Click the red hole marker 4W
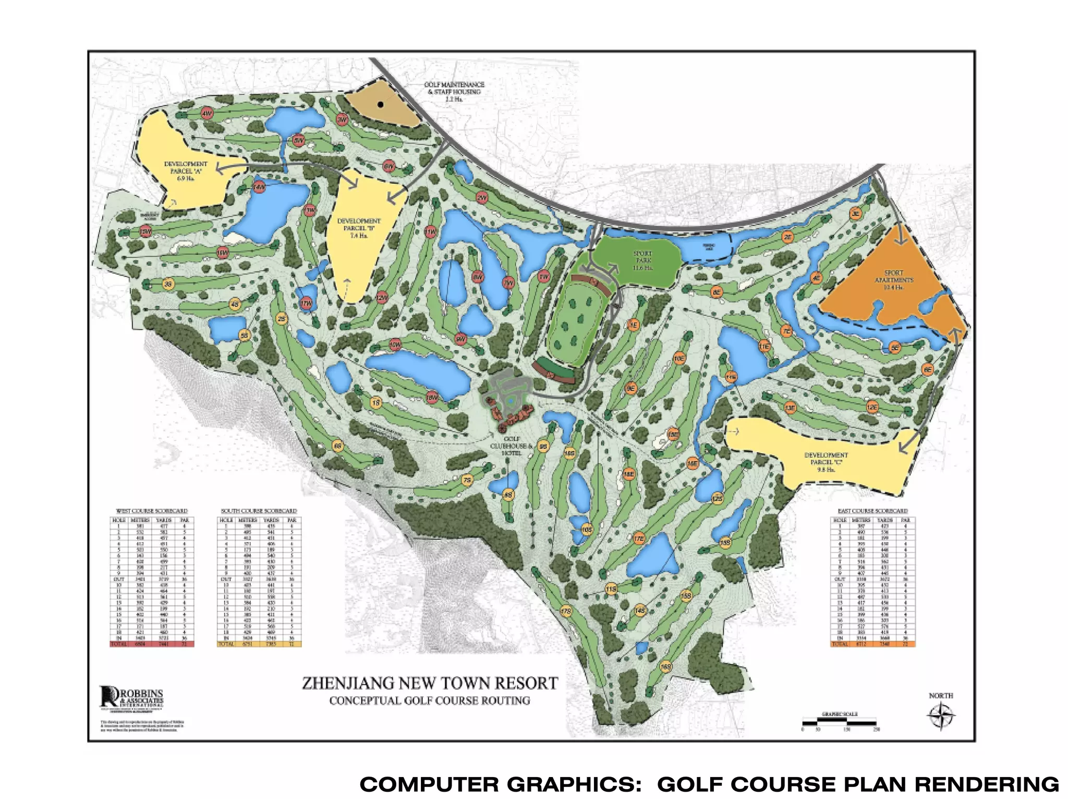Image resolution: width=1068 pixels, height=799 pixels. [x=207, y=113]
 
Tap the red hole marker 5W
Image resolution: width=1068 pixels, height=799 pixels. [x=298, y=141]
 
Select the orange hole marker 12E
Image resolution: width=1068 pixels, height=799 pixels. [x=872, y=407]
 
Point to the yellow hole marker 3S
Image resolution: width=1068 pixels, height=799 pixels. [x=168, y=284]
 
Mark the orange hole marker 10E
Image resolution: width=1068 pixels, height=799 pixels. [x=678, y=358]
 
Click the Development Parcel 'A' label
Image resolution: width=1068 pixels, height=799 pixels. [x=186, y=171]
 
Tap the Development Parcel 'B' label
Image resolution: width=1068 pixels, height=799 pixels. [x=359, y=228]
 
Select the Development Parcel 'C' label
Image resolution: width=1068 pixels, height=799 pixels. [x=826, y=462]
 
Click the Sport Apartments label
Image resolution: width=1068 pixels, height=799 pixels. [x=893, y=280]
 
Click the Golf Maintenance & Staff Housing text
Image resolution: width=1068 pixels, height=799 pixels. [x=454, y=91]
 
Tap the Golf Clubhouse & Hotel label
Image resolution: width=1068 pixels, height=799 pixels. [x=511, y=446]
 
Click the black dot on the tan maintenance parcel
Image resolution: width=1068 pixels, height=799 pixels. [x=381, y=105]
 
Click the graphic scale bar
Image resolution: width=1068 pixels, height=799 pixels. [x=839, y=722]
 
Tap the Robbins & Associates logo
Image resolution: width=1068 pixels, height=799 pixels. [x=131, y=697]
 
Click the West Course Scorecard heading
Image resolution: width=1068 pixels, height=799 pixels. [x=151, y=511]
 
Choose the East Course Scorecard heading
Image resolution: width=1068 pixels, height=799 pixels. [x=872, y=511]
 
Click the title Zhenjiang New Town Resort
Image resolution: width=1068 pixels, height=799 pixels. [x=430, y=683]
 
